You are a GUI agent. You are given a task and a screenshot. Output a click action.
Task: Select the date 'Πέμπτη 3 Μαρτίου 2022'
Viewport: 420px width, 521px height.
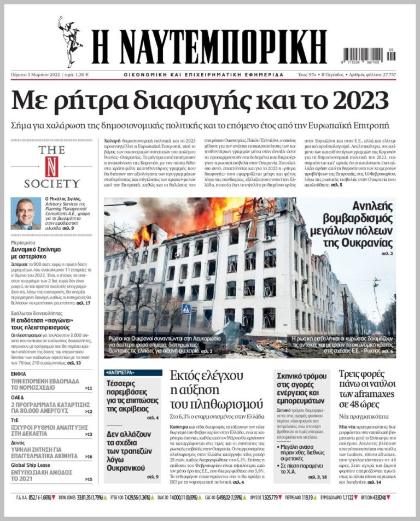36,74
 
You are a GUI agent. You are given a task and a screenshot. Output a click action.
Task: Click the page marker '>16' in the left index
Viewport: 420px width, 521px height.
89,456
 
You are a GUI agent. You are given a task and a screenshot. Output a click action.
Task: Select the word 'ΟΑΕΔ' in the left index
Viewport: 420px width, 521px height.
19,397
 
